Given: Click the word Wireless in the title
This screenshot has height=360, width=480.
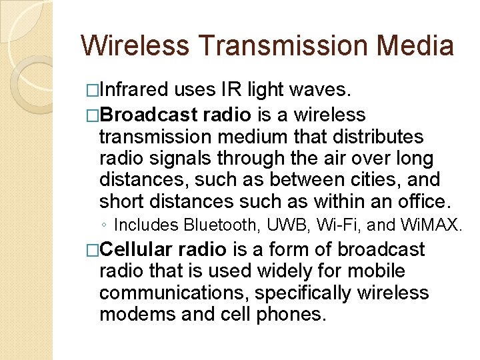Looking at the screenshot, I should pyautogui.click(x=135, y=46).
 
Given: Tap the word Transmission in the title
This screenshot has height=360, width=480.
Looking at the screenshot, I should pyautogui.click(x=283, y=46).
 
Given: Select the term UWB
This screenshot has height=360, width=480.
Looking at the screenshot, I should pyautogui.click(x=283, y=225).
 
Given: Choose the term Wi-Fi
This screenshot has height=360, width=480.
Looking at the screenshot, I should pyautogui.click(x=335, y=225).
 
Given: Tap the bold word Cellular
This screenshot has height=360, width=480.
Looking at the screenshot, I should pyautogui.click(x=137, y=250).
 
